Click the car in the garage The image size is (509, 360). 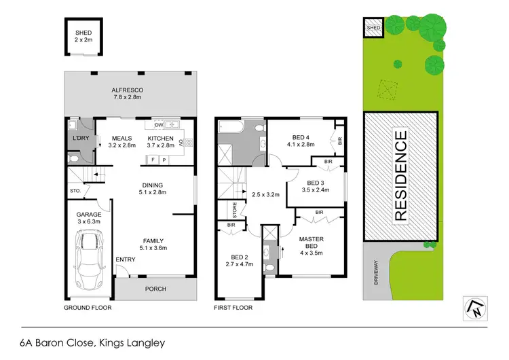[x=89, y=259]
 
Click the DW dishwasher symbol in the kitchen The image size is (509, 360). [x=159, y=125]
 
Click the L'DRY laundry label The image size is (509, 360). [x=80, y=139]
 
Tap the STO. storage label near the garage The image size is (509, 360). [x=75, y=191]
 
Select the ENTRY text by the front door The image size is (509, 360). [x=125, y=259]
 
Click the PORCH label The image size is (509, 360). [x=155, y=289]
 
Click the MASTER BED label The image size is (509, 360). [x=311, y=242]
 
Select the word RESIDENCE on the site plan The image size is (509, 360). [x=400, y=177]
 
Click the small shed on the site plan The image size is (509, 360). [x=374, y=27]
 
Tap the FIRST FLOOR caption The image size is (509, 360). [x=233, y=308]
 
